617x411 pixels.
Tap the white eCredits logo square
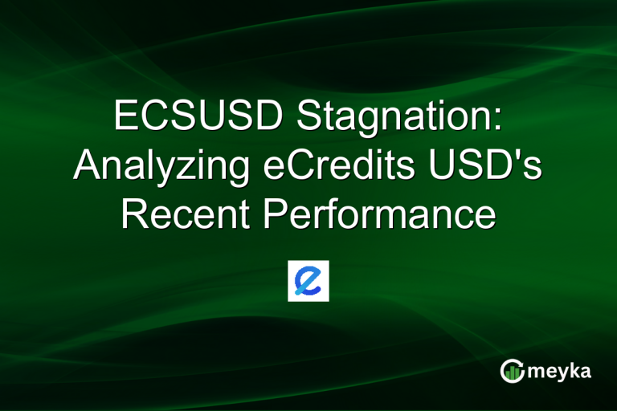point(308,280)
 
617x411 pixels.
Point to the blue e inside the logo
point(308,280)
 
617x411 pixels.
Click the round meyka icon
point(512,371)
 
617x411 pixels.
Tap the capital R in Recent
point(133,216)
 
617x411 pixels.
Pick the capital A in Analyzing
point(86,166)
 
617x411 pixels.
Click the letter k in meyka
point(574,370)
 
